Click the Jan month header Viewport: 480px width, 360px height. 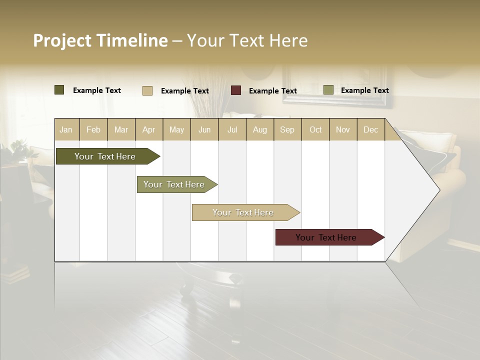pos(66,130)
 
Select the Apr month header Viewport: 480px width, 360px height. pos(148,130)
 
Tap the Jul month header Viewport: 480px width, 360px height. pos(232,130)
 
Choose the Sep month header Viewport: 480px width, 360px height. pos(287,130)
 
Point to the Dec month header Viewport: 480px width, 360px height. pos(370,130)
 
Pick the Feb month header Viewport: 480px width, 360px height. pos(93,130)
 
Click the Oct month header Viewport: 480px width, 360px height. pos(315,130)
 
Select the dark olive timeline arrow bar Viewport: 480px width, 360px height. pos(105,156)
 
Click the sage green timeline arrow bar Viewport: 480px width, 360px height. pos(174,184)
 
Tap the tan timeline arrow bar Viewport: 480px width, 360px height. pos(243,212)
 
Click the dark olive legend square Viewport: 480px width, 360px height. pos(59,90)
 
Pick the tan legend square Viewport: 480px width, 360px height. pos(147,90)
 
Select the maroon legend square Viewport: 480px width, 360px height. pos(236,90)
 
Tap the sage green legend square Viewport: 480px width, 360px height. pos(328,90)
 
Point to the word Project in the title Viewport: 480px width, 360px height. pos(62,40)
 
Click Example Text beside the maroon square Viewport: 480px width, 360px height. pos(273,91)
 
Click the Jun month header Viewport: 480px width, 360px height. pos(204,130)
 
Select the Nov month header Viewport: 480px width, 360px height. pos(343,130)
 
